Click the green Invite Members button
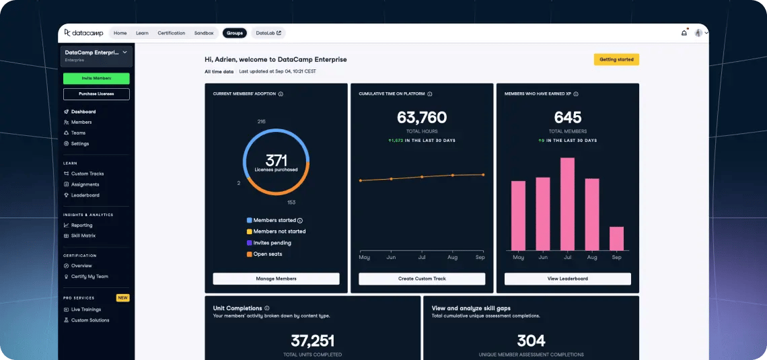(96, 78)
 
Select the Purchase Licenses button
(96, 94)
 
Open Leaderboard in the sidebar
(85, 195)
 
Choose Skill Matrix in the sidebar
(84, 236)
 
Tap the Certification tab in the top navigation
(171, 33)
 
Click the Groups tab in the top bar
(235, 33)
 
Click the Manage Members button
(276, 279)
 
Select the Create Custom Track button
(422, 279)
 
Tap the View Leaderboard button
(567, 279)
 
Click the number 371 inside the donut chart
(276, 160)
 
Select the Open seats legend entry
(268, 254)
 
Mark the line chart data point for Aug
(453, 175)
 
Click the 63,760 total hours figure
(422, 118)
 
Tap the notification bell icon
(684, 33)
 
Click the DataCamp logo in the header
(85, 33)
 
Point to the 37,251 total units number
(312, 340)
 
